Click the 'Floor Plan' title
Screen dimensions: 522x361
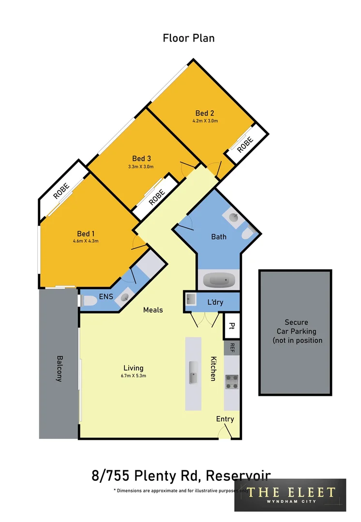pyautogui.click(x=189, y=38)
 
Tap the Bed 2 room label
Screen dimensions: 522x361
pyautogui.click(x=205, y=114)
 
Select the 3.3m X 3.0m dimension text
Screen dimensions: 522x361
pyautogui.click(x=141, y=167)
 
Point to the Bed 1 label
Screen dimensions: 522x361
pyautogui.click(x=86, y=233)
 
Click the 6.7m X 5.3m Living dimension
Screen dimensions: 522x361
pyautogui.click(x=133, y=376)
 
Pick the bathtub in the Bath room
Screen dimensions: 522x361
pyautogui.click(x=219, y=280)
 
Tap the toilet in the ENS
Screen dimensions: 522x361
pyautogui.click(x=90, y=301)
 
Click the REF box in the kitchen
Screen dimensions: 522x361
pyautogui.click(x=232, y=348)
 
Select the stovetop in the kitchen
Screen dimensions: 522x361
pyautogui.click(x=232, y=382)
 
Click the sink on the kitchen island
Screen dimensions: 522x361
pyautogui.click(x=194, y=372)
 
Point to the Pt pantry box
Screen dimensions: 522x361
pyautogui.click(x=232, y=326)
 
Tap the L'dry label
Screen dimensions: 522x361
pyautogui.click(x=215, y=302)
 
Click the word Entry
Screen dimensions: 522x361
pyautogui.click(x=225, y=419)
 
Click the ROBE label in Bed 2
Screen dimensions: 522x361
pyautogui.click(x=246, y=143)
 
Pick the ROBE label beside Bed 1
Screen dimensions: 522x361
pyautogui.click(x=61, y=191)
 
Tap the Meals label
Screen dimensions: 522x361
pyautogui.click(x=153, y=310)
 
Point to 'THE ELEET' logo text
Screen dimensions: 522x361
pyautogui.click(x=290, y=493)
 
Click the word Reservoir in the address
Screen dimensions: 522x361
pyautogui.click(x=238, y=476)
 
